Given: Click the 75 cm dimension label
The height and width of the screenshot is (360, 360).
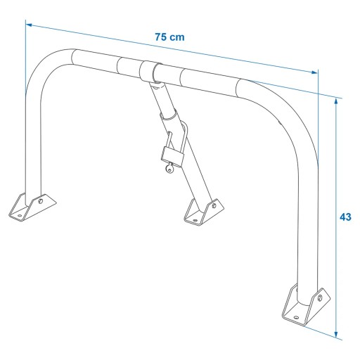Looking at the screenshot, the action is tap(169, 37).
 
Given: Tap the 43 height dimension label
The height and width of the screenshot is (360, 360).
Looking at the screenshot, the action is tap(345, 217).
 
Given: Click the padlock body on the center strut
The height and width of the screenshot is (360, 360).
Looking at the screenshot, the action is tap(172, 157).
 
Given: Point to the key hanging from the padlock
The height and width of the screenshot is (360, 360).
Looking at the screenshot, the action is tap(169, 168).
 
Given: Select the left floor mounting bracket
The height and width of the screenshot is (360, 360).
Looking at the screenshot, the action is tap(32, 207).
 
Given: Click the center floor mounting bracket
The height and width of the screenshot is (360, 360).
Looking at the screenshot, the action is tap(204, 212).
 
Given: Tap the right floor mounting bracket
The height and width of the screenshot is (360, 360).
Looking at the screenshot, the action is tap(306, 304).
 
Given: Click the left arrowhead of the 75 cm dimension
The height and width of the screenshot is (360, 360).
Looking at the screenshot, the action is tap(29, 25).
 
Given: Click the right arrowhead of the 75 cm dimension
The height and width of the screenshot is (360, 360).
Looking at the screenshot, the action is tap(314, 72).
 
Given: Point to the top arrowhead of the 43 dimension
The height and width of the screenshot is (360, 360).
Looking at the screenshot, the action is tap(336, 101).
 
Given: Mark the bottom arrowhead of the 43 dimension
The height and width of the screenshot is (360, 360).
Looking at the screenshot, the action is tap(336, 335).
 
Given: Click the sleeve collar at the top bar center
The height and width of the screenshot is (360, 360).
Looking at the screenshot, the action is tap(148, 71).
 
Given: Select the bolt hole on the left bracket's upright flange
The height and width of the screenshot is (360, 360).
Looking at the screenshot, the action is tap(41, 201).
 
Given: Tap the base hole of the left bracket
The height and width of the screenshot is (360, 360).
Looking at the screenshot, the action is tap(20, 215).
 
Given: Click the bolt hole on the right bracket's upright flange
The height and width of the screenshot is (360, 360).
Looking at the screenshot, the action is tap(320, 297).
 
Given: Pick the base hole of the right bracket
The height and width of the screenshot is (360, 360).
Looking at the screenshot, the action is tap(296, 317).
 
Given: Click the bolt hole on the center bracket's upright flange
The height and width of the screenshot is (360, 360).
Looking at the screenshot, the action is tap(214, 206).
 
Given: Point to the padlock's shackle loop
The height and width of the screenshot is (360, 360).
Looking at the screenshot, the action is tap(178, 136).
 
